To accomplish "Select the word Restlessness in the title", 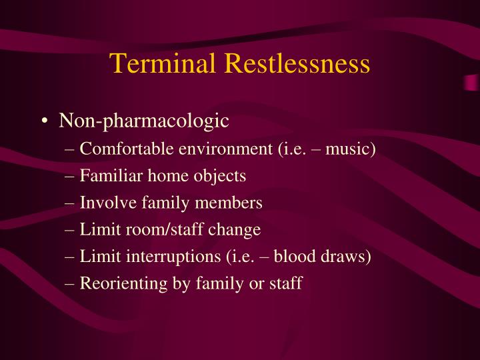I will click(297, 64).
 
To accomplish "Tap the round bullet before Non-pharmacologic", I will click(44, 122).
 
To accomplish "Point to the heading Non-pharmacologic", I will click(144, 121).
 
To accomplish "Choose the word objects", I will click(214, 176).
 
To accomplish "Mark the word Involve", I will click(103, 203).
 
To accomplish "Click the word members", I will click(231, 203).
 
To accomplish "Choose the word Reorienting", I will click(117, 284).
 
